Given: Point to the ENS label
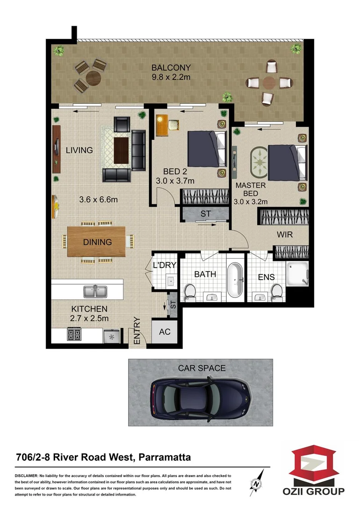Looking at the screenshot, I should tap(266, 277).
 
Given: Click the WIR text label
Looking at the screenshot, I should tap(284, 234).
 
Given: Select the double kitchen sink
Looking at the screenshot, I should tap(95, 292).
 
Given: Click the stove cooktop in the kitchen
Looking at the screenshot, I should tap(74, 335).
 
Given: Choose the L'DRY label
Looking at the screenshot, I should tap(164, 266).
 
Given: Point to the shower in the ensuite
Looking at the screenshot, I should tap(297, 274).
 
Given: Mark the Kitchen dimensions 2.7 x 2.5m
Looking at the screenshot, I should tap(89, 319).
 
